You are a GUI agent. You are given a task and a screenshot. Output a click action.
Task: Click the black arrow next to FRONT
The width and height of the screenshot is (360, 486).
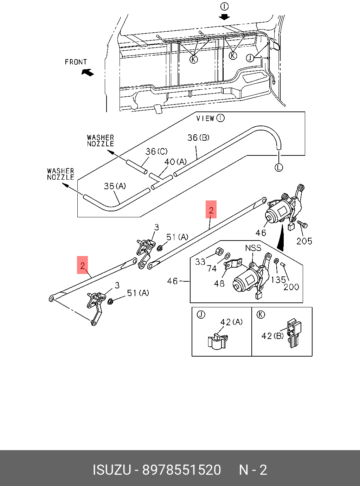[x=88, y=72]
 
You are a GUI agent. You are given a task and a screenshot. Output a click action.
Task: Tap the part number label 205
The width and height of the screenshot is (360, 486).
[x=304, y=241]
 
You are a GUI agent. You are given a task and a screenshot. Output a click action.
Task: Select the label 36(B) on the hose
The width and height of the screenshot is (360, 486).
[x=198, y=138]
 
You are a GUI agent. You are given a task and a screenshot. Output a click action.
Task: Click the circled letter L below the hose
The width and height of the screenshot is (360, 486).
[x=278, y=167]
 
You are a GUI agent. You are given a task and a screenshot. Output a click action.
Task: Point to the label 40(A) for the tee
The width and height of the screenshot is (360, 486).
[x=175, y=162]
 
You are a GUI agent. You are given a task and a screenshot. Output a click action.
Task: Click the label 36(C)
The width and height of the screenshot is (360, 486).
[x=156, y=151]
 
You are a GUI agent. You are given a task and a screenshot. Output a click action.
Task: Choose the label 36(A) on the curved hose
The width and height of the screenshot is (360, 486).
[x=115, y=186]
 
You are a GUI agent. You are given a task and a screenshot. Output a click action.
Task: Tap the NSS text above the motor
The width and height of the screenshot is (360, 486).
[x=253, y=248]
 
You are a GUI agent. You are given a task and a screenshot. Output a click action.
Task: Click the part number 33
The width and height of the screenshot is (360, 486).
[x=200, y=262]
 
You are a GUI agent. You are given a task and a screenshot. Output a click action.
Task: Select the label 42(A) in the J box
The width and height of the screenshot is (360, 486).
[x=231, y=322]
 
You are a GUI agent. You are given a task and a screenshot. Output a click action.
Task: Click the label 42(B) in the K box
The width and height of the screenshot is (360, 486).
[x=272, y=336]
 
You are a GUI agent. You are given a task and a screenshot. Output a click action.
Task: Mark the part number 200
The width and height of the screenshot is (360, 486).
[x=291, y=287]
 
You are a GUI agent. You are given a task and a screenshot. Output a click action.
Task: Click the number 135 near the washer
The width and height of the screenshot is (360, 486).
[x=278, y=280]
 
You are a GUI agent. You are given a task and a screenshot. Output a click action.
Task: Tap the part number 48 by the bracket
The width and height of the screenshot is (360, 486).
[x=219, y=283]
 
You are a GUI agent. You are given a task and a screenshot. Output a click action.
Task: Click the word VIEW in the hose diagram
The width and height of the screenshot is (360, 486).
[x=205, y=119]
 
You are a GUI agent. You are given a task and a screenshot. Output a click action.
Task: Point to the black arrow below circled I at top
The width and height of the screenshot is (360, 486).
[x=224, y=17]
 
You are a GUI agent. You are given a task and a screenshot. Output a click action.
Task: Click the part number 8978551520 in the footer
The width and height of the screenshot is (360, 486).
[x=181, y=470]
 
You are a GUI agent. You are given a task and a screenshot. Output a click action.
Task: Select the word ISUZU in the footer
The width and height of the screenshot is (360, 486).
[x=111, y=470]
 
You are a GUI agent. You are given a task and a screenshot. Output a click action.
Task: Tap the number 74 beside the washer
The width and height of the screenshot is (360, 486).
[x=212, y=269]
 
